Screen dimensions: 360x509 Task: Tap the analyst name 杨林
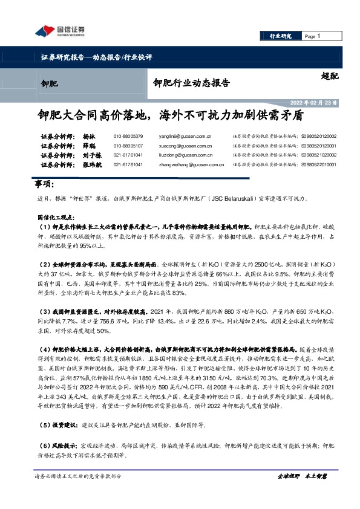pos(89,136)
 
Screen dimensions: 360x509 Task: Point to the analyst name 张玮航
pos(92,164)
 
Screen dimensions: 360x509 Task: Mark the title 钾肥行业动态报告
pos(192,83)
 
